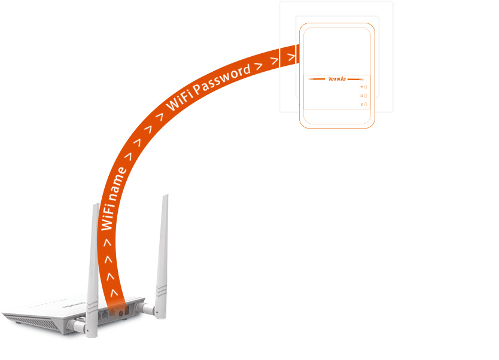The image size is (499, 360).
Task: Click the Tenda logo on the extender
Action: (337, 79)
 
